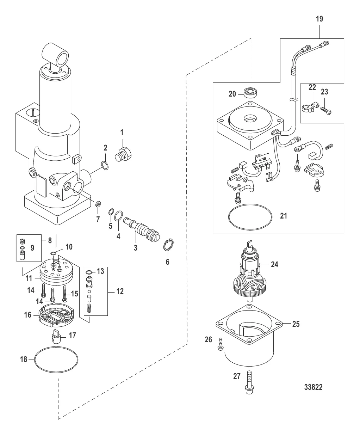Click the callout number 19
(x=319, y=19)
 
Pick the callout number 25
(x=296, y=324)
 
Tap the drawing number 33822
(x=313, y=387)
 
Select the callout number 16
(x=27, y=314)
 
